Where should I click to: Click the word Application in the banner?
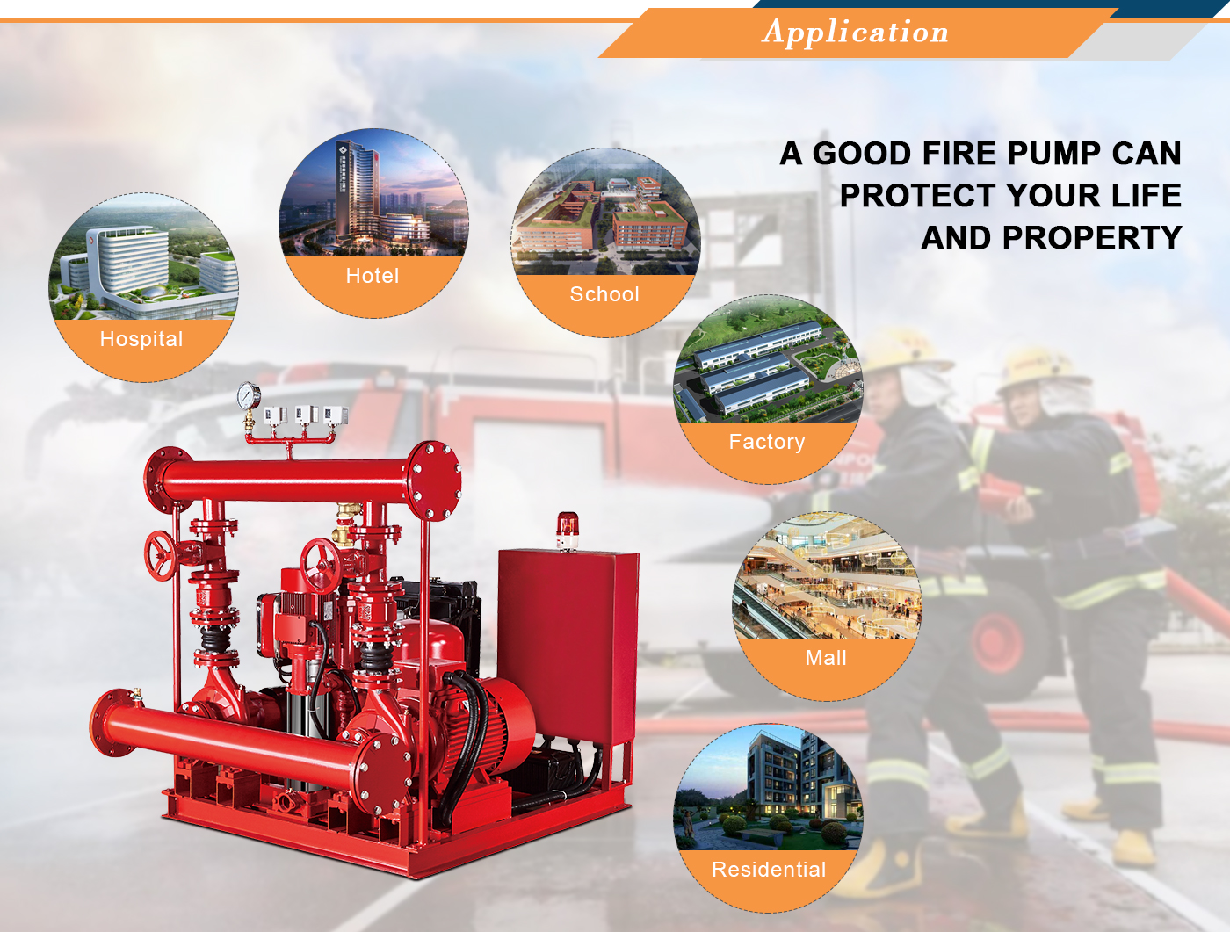click(855, 32)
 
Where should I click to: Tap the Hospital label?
click(141, 339)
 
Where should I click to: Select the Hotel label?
click(373, 276)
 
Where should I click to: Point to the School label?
click(604, 294)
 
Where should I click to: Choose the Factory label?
click(767, 442)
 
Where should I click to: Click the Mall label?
click(826, 658)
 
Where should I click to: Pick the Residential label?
click(769, 870)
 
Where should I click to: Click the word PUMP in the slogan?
click(1054, 153)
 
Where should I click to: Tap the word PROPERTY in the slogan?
click(1091, 237)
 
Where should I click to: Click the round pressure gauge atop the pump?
click(249, 395)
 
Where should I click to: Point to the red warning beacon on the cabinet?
click(567, 531)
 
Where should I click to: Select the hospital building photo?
click(143, 256)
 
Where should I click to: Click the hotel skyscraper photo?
click(373, 192)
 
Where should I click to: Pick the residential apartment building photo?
click(768, 787)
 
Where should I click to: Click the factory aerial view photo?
click(768, 358)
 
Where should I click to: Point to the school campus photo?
click(605, 211)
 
